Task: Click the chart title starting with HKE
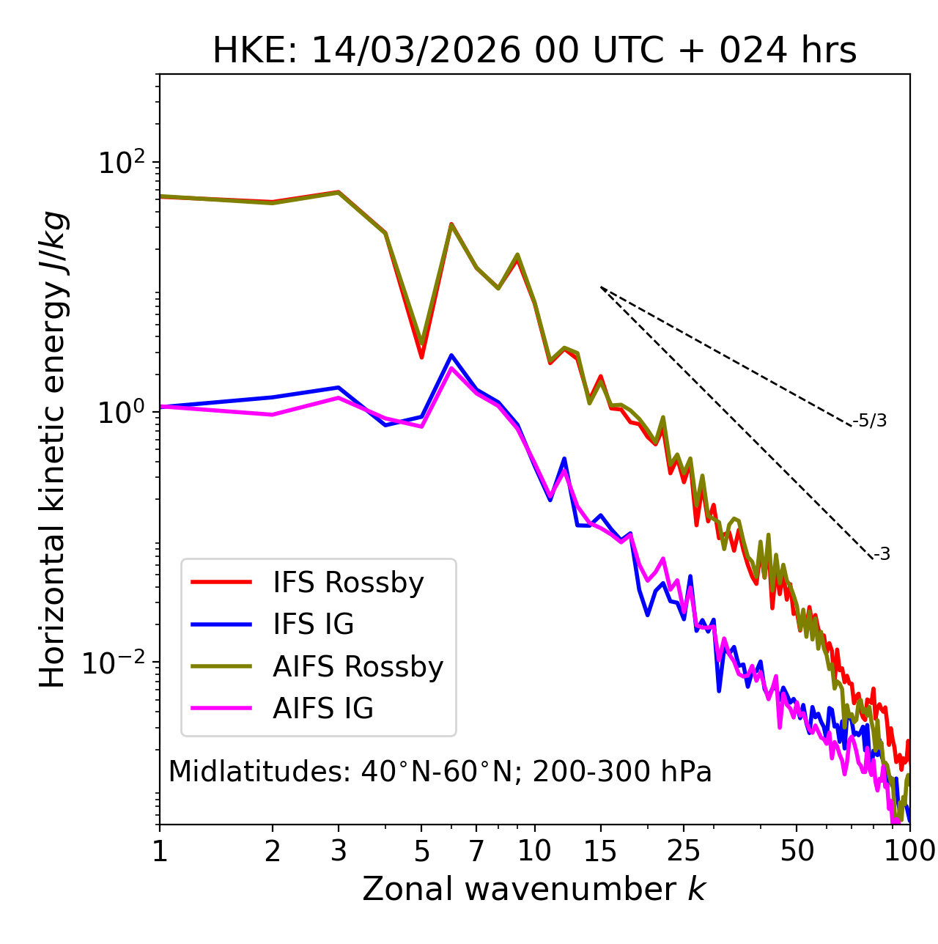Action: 534,51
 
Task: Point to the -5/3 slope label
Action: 870,421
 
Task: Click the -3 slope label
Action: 882,555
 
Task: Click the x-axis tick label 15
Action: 601,851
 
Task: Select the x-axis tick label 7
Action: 476,851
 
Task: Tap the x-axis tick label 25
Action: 684,851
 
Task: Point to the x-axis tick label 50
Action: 797,851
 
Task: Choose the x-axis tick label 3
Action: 339,851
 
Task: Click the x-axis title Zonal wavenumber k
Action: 534,889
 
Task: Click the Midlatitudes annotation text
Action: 440,772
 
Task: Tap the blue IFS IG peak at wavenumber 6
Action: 451,355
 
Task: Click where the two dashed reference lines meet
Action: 601,287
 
